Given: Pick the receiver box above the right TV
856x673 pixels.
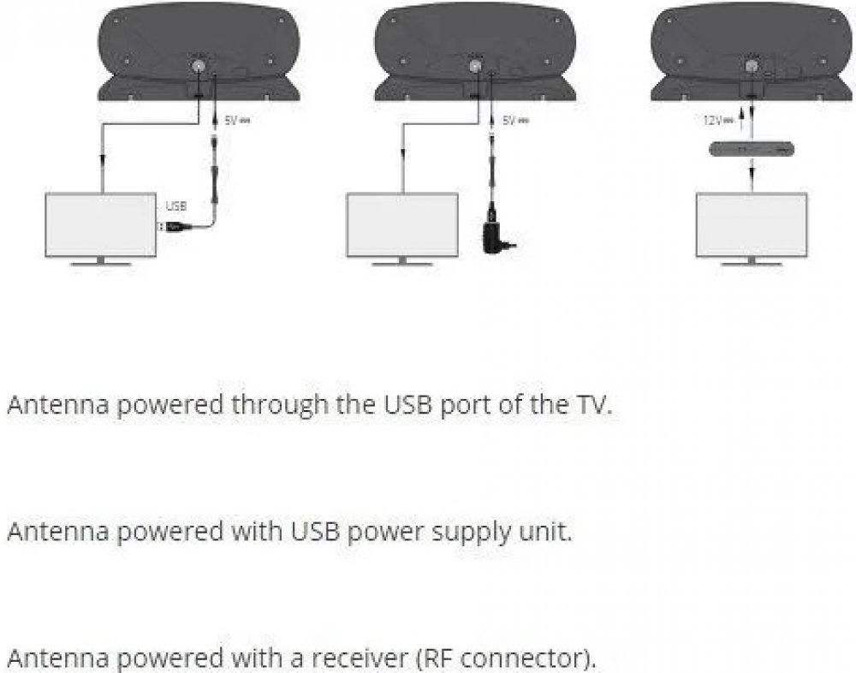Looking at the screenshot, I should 751,149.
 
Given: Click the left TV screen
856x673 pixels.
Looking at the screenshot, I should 100,224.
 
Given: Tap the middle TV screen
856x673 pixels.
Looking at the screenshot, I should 400,224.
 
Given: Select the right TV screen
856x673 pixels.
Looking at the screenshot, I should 751,224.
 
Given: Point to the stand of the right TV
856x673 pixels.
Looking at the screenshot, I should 751,261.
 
